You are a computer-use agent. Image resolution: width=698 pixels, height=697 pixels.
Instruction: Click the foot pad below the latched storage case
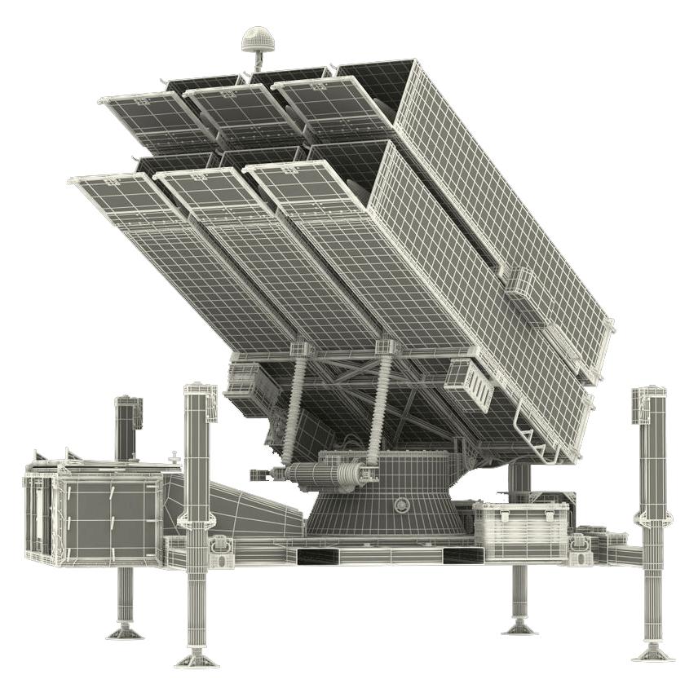pyautogui.click(x=519, y=626)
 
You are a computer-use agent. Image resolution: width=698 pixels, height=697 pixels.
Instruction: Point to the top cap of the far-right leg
pyautogui.click(x=650, y=395)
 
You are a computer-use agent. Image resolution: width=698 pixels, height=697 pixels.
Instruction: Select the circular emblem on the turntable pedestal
pyautogui.click(x=400, y=505)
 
